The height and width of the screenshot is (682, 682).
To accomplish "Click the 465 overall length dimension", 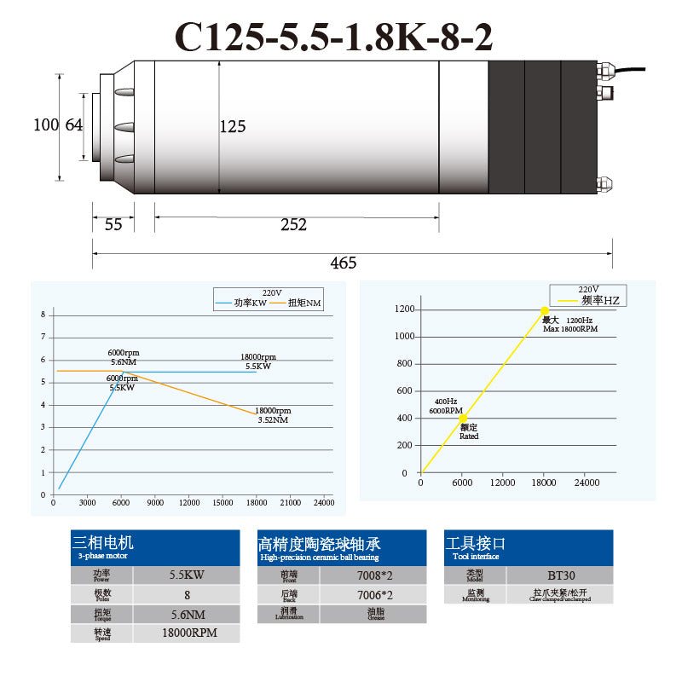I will (x=343, y=263).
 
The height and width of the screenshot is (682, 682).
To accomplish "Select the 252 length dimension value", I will (x=293, y=225).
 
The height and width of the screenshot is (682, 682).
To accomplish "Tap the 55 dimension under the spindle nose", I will (x=113, y=225).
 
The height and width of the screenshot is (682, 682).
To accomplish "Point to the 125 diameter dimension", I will (x=233, y=127).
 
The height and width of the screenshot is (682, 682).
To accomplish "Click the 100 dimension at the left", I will (x=45, y=125).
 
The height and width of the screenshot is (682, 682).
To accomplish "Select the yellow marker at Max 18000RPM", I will (x=544, y=311).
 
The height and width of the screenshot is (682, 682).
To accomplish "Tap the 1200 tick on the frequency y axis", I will (x=403, y=309).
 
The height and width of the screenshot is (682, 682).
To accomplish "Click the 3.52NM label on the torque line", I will (x=273, y=419).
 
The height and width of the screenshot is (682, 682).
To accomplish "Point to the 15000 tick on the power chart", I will (x=223, y=503).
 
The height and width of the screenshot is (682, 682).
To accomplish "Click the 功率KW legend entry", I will (x=249, y=303).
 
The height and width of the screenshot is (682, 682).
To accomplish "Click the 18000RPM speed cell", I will (x=187, y=633).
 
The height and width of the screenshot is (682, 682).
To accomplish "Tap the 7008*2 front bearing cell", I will (x=373, y=575).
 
